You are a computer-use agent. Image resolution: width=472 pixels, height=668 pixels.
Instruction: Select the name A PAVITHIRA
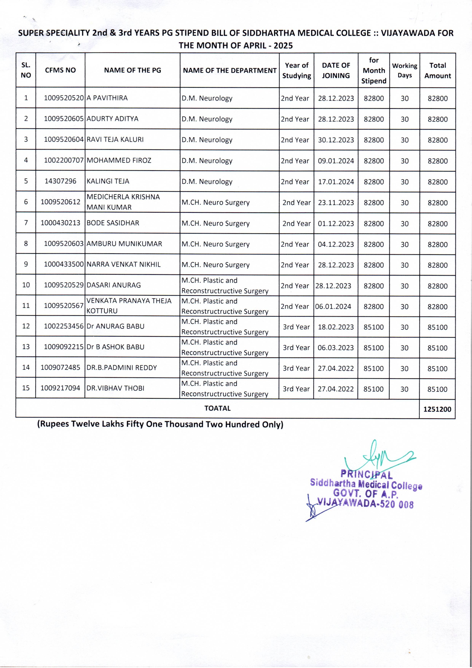tap(107, 98)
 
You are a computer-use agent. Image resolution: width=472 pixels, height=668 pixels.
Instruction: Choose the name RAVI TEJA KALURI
tap(115, 140)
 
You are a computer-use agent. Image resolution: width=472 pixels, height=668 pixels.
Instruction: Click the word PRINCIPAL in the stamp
tap(366, 475)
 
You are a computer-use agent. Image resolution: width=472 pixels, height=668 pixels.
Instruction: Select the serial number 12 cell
tap(26, 326)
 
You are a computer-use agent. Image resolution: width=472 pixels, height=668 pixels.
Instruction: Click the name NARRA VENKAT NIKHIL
tap(123, 264)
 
